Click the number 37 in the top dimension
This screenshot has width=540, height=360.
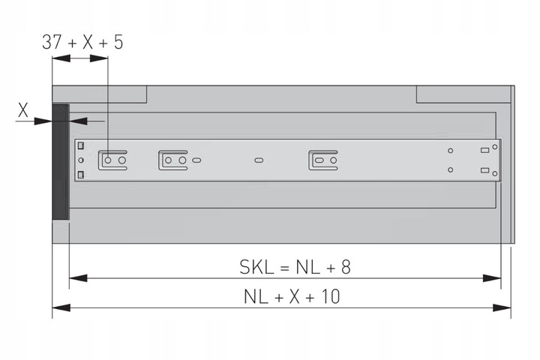(x=52, y=42)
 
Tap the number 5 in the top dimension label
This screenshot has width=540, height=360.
(x=118, y=42)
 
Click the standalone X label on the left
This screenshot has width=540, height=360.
(x=23, y=110)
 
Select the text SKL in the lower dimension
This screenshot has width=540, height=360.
(x=256, y=267)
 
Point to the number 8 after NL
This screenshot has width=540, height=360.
(x=346, y=267)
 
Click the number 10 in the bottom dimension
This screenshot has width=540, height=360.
(x=330, y=296)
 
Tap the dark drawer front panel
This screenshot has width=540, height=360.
(x=61, y=162)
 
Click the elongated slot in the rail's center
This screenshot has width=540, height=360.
(x=259, y=160)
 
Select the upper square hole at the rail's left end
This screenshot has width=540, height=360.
(x=80, y=145)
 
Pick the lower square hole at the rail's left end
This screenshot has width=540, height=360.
(x=80, y=175)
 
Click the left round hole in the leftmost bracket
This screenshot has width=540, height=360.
(x=108, y=160)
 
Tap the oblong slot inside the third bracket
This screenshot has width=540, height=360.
(x=319, y=160)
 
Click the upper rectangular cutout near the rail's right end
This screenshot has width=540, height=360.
(x=484, y=150)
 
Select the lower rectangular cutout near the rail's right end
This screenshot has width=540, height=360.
(x=484, y=170)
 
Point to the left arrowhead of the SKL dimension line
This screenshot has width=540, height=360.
(x=78, y=278)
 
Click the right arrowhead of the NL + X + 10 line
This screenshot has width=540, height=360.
(x=502, y=307)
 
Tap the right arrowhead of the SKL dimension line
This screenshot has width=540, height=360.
(x=492, y=278)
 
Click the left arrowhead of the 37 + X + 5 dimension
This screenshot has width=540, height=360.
(x=61, y=58)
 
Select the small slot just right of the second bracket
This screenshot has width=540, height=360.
(x=196, y=160)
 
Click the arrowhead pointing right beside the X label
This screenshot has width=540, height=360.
(x=43, y=121)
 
